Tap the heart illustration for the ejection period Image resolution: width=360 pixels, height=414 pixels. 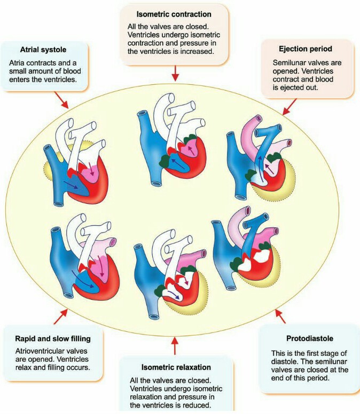(x=262, y=160)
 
